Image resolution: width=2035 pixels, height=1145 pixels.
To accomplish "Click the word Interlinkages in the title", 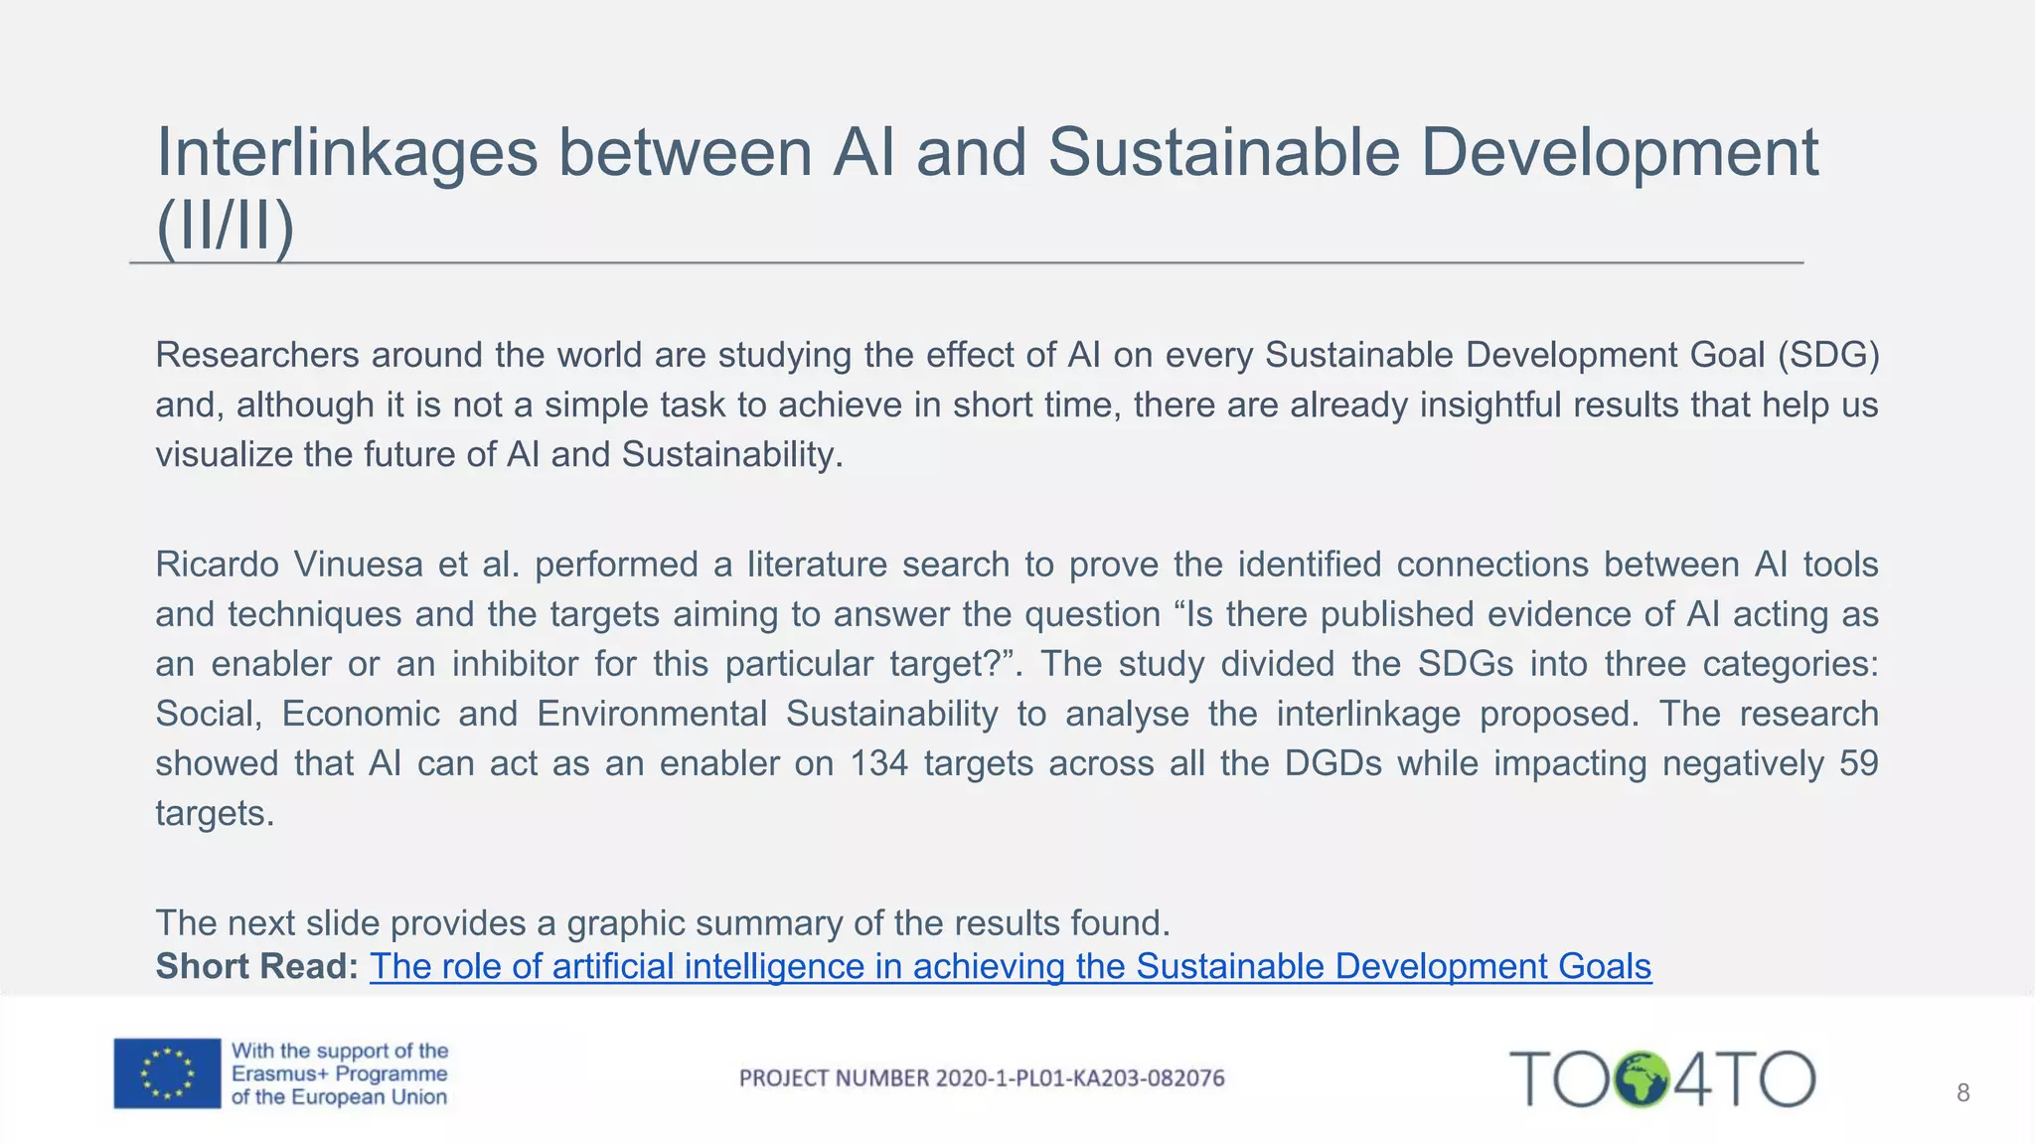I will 347,154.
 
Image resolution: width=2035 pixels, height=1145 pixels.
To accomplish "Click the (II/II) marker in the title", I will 226,227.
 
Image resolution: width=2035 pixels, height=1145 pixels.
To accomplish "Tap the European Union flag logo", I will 167,1073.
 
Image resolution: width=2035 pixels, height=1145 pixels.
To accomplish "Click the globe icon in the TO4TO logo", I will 1642,1079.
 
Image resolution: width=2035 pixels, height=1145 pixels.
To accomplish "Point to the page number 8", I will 1962,1093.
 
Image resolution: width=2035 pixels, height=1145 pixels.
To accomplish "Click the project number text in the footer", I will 982,1078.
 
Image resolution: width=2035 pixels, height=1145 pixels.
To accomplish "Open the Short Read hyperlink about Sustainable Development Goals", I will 1011,966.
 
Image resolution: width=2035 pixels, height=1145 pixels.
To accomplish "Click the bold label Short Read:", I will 256,966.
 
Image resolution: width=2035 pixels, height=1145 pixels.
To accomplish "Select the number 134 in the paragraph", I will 879,763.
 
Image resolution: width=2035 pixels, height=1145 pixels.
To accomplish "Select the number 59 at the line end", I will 1858,763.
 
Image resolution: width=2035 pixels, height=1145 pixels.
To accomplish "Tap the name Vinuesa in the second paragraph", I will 358,565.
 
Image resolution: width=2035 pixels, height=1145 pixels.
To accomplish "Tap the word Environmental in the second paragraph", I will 652,714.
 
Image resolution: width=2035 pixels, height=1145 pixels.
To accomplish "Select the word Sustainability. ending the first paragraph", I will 732,454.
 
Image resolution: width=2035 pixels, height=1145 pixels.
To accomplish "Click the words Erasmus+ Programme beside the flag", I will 339,1074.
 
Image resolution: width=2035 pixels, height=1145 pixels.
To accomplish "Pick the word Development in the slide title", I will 1620,154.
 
